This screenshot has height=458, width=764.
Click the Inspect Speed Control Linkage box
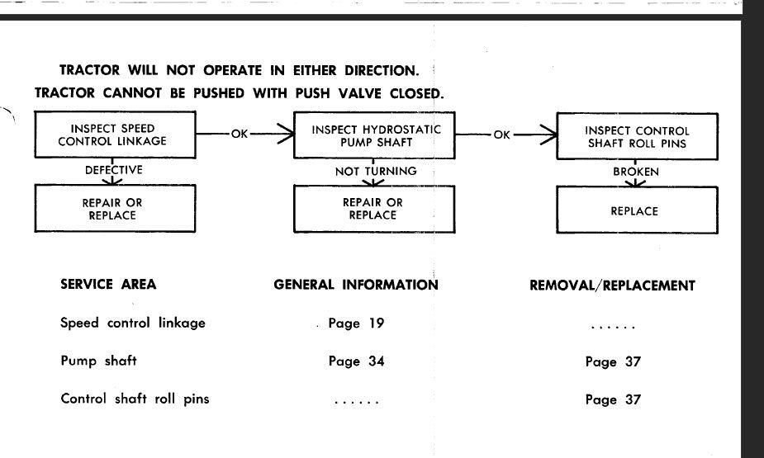click(115, 135)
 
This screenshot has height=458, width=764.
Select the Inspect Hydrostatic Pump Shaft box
click(374, 135)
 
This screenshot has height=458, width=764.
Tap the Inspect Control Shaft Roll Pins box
click(638, 136)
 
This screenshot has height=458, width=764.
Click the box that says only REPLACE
click(638, 210)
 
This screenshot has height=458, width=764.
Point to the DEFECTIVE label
click(113, 170)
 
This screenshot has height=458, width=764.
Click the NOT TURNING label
click(376, 172)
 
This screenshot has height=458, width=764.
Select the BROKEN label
click(636, 172)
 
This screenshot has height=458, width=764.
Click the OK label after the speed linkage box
click(240, 134)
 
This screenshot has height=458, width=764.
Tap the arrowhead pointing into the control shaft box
click(549, 135)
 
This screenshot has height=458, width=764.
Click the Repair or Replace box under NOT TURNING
click(374, 210)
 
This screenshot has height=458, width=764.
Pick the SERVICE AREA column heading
click(108, 284)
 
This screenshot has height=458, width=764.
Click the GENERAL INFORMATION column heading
click(356, 285)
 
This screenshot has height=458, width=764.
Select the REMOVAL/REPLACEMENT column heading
click(613, 286)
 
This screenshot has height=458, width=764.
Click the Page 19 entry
click(356, 323)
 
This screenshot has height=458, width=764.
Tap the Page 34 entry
click(356, 361)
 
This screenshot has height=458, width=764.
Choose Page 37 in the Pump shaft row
click(613, 361)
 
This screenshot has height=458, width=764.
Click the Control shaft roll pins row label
click(135, 399)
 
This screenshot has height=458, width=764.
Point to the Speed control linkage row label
click(132, 323)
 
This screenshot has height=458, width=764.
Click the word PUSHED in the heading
click(219, 93)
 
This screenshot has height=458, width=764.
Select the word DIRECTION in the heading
click(382, 71)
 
